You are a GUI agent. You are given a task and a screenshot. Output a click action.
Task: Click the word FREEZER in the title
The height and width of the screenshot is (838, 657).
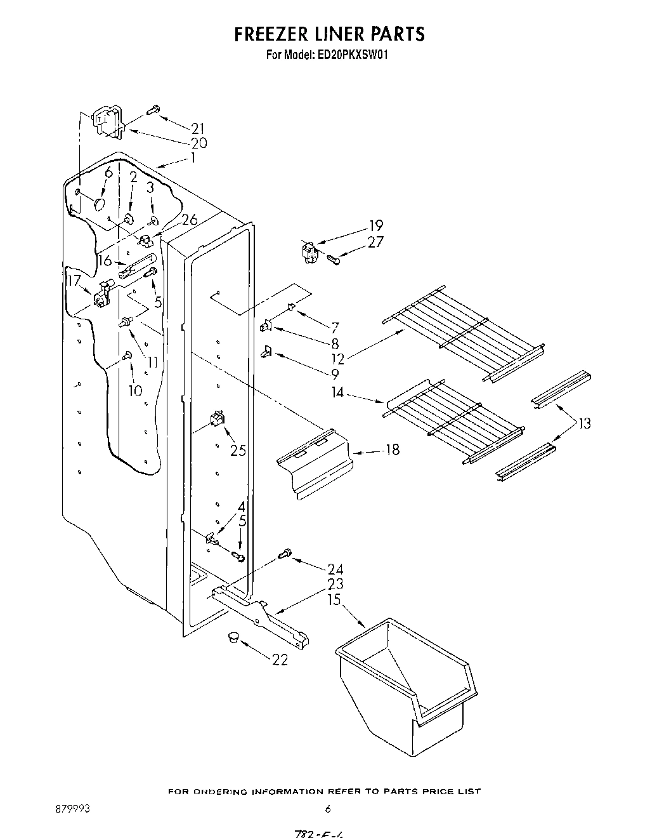tap(280, 34)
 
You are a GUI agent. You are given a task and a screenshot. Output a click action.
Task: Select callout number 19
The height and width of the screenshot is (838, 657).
tap(376, 226)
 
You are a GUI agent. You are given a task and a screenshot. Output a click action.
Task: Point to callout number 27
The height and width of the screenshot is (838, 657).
tap(376, 242)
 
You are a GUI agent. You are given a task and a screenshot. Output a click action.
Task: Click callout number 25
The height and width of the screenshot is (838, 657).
tap(238, 451)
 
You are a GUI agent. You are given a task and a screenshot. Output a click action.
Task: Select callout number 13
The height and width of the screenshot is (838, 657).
tap(584, 423)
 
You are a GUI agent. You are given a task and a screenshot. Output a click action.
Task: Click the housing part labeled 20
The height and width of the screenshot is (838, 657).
tap(106, 122)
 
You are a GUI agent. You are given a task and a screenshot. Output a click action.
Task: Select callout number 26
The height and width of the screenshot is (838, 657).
tap(189, 220)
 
